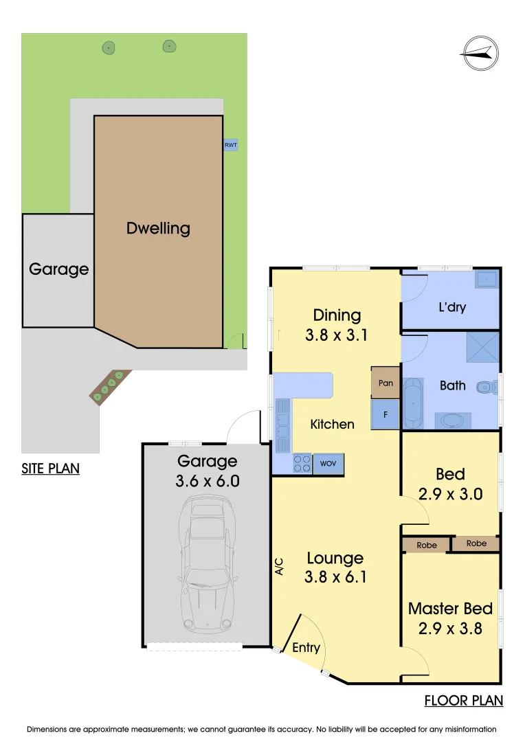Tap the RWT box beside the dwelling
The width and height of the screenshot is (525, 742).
(x=231, y=145)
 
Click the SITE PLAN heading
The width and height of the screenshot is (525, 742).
(x=50, y=469)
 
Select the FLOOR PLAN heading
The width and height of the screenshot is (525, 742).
(x=463, y=701)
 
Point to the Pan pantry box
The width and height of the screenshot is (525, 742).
(x=386, y=383)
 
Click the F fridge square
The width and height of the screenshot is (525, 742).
(x=386, y=415)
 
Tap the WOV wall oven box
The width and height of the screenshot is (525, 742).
(x=328, y=464)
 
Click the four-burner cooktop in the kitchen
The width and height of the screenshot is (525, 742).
(x=302, y=464)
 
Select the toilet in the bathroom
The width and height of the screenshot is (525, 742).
(x=487, y=387)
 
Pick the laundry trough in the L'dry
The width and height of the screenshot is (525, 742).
(x=487, y=279)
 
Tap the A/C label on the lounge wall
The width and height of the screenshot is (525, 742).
(x=279, y=565)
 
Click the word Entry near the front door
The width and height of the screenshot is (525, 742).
(x=306, y=647)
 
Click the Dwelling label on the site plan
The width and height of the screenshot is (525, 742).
(x=158, y=228)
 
